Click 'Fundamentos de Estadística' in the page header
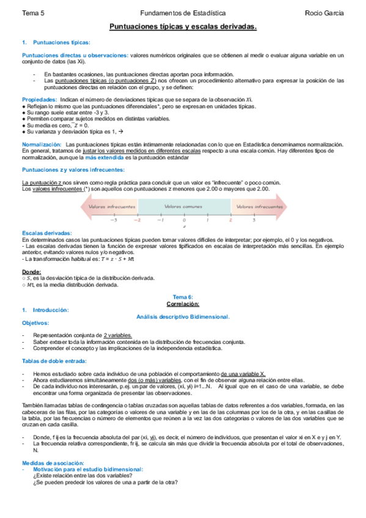pos(182,12)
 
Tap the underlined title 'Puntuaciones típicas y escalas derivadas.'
pos(182,27)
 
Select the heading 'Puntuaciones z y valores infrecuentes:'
pos(73,169)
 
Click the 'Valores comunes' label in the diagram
pos(183,206)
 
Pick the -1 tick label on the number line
pos(161,219)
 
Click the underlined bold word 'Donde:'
pos(32,271)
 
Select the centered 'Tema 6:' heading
pos(182,297)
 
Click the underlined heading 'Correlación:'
pos(182,304)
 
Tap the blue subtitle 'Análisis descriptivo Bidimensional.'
pos(182,316)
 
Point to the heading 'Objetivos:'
pos(35,323)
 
